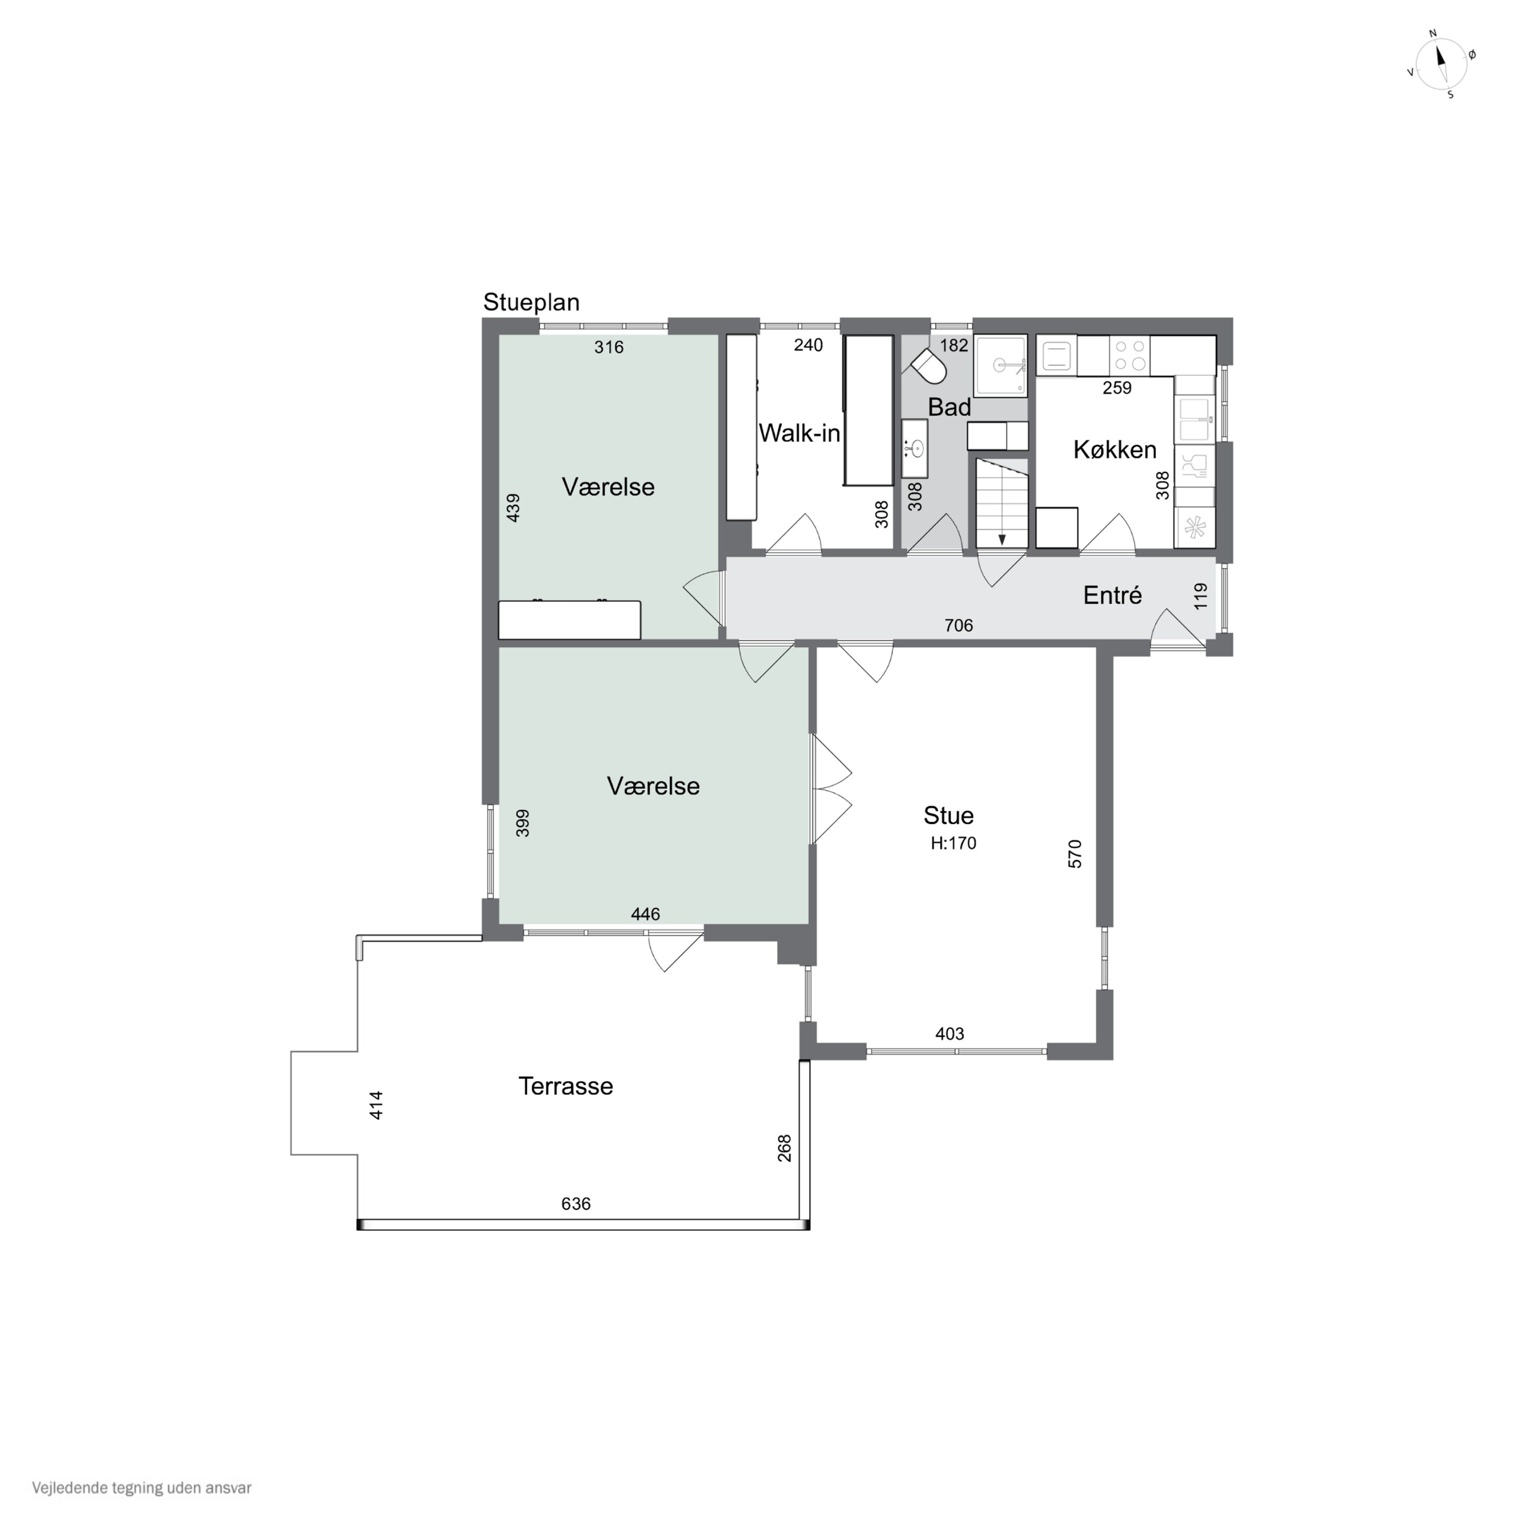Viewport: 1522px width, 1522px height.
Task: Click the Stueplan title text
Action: click(531, 302)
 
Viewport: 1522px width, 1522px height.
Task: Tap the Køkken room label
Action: click(1115, 450)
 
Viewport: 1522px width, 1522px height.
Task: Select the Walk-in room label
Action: click(799, 433)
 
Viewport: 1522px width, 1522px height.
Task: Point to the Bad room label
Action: click(949, 407)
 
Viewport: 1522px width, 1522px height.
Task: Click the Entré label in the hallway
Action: click(1113, 596)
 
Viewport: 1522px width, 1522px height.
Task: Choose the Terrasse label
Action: click(566, 1086)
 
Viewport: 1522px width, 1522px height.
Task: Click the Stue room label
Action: click(949, 815)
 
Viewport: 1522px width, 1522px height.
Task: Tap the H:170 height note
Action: click(953, 844)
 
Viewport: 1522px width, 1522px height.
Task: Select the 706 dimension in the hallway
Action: click(959, 626)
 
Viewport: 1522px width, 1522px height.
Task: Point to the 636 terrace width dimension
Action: click(576, 1204)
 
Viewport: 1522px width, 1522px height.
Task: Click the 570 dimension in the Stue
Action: click(1075, 854)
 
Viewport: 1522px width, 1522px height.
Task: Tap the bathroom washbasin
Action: click(915, 449)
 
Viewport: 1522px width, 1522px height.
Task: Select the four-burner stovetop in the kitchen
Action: click(1130, 355)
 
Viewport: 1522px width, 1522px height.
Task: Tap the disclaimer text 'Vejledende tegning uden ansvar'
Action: click(142, 1488)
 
